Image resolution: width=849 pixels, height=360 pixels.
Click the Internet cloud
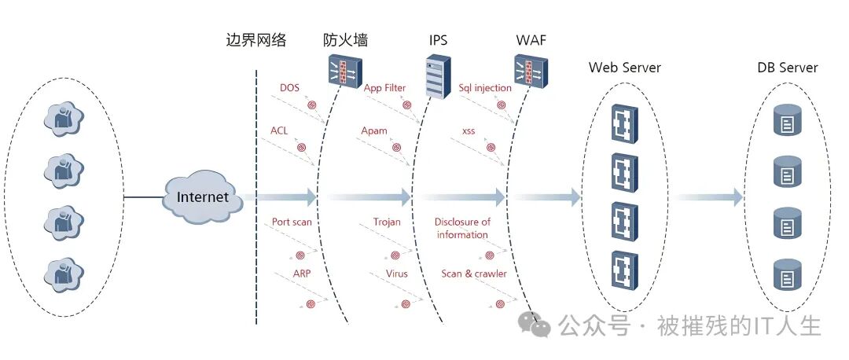(202, 197)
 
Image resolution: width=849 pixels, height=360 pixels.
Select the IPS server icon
(439, 76)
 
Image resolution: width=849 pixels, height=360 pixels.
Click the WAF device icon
(531, 72)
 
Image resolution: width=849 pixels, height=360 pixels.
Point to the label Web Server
(625, 68)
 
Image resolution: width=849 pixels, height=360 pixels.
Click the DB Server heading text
(788, 68)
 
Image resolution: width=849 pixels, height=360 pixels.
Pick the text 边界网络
(256, 40)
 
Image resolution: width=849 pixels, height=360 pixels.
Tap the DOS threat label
(290, 87)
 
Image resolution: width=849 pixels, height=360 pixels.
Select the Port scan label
(292, 222)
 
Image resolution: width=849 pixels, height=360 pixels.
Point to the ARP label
(303, 274)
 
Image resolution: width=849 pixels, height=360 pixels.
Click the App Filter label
(384, 87)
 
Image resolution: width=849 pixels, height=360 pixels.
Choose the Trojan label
(387, 222)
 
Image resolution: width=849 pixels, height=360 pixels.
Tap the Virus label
(397, 274)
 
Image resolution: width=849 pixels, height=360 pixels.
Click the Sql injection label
(485, 87)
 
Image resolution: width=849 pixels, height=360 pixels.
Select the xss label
(469, 130)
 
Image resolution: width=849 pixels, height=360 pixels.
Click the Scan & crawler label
(474, 274)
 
